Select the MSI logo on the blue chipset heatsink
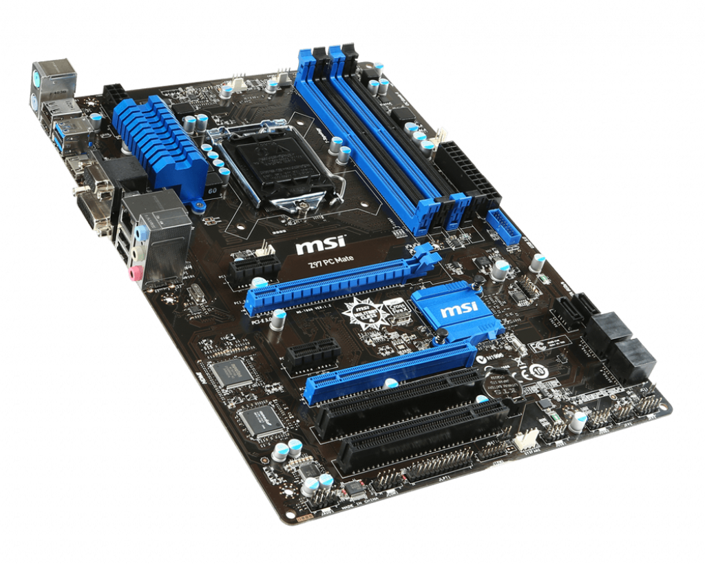point(454,310)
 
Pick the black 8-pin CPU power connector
point(114,94)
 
